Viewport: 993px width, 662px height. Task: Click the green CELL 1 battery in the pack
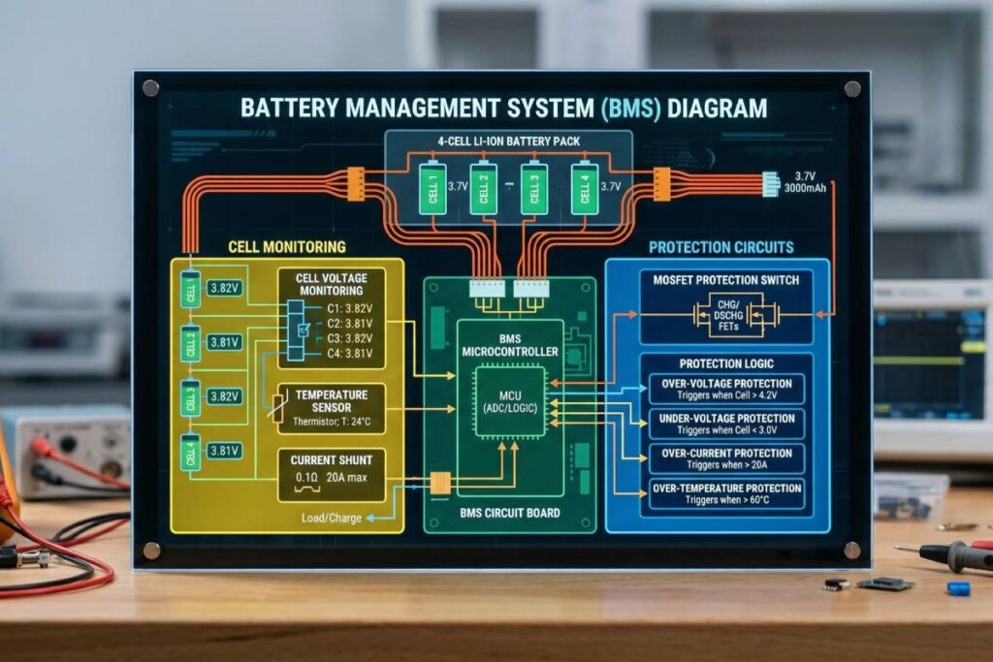(x=432, y=188)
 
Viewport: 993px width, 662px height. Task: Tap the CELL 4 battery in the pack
(x=583, y=188)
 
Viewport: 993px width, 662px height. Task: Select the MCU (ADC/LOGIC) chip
(x=509, y=402)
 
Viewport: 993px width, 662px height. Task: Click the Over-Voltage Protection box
(x=725, y=389)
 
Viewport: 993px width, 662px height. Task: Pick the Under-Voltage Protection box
(x=725, y=424)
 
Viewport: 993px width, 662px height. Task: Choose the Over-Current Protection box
(x=725, y=457)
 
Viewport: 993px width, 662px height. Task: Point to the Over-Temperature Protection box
(x=725, y=493)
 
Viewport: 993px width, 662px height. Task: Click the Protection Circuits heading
(x=721, y=247)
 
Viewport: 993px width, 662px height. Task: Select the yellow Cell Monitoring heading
(x=286, y=247)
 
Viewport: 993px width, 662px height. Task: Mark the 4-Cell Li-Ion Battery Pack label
(x=508, y=142)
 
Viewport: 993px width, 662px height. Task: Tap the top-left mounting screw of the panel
(x=150, y=88)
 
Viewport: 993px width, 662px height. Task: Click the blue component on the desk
(x=958, y=587)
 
